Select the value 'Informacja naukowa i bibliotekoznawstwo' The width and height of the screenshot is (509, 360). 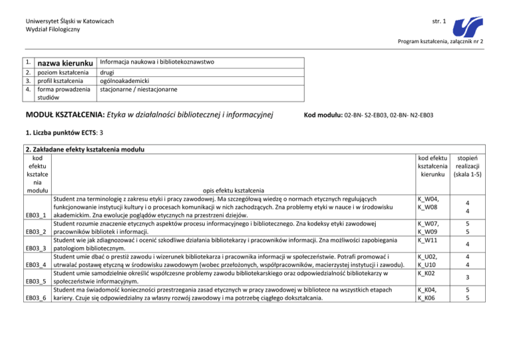(x=156, y=62)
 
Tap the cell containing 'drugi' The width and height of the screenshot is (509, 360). (x=107, y=72)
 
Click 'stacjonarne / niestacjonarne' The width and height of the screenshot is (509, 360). (x=137, y=90)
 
